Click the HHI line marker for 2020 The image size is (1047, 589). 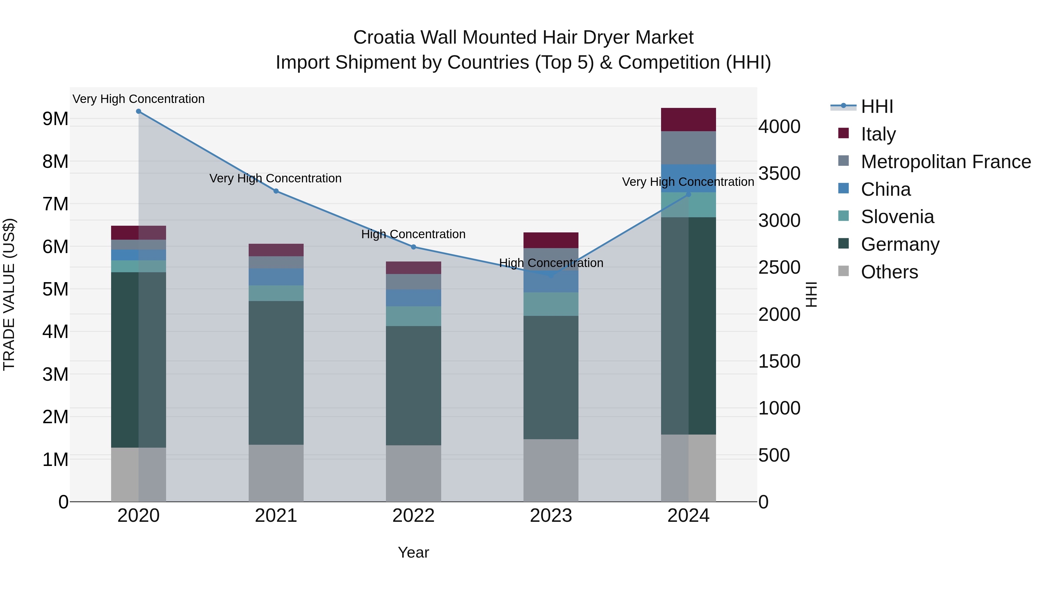click(139, 111)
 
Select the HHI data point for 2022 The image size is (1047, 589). click(413, 247)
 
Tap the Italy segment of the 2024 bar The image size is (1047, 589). click(688, 120)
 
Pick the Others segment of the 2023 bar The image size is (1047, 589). click(551, 470)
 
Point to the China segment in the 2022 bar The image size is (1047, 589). click(413, 298)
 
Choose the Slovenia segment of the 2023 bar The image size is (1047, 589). click(551, 304)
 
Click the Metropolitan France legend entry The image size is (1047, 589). click(945, 162)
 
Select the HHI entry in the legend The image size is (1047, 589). click(877, 106)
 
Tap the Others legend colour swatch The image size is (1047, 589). click(843, 271)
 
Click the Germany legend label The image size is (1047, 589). click(900, 244)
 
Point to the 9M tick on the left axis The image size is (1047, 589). click(55, 119)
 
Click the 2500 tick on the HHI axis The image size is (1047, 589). click(779, 268)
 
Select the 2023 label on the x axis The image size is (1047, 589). click(551, 516)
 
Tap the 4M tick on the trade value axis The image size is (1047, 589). click(55, 332)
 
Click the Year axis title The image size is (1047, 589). click(413, 552)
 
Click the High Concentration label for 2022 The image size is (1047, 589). click(413, 234)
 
